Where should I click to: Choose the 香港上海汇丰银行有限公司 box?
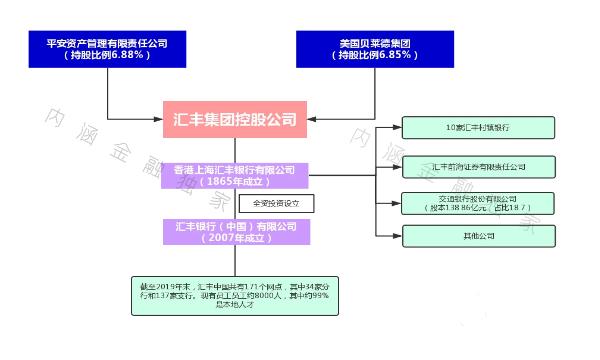235,175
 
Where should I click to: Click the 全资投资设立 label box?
276,203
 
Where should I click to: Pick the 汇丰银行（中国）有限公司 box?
235,232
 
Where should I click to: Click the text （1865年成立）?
235,182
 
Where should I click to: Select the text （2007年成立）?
235,239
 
